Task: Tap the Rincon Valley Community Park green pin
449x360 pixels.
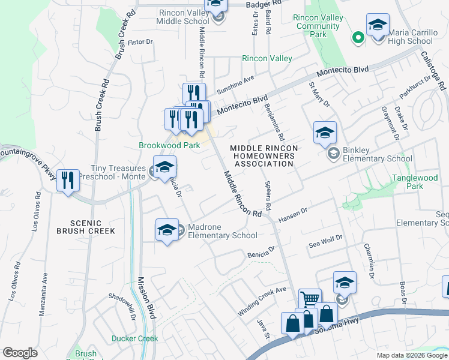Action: (358, 38)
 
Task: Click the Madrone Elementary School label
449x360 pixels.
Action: (222, 231)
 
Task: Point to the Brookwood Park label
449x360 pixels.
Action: (169, 145)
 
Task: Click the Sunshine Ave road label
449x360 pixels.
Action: (236, 81)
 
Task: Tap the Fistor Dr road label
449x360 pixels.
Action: (141, 42)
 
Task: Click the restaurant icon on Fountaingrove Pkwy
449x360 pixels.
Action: (68, 180)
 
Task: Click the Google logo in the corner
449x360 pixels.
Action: (20, 353)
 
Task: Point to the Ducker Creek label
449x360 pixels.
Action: (134, 338)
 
